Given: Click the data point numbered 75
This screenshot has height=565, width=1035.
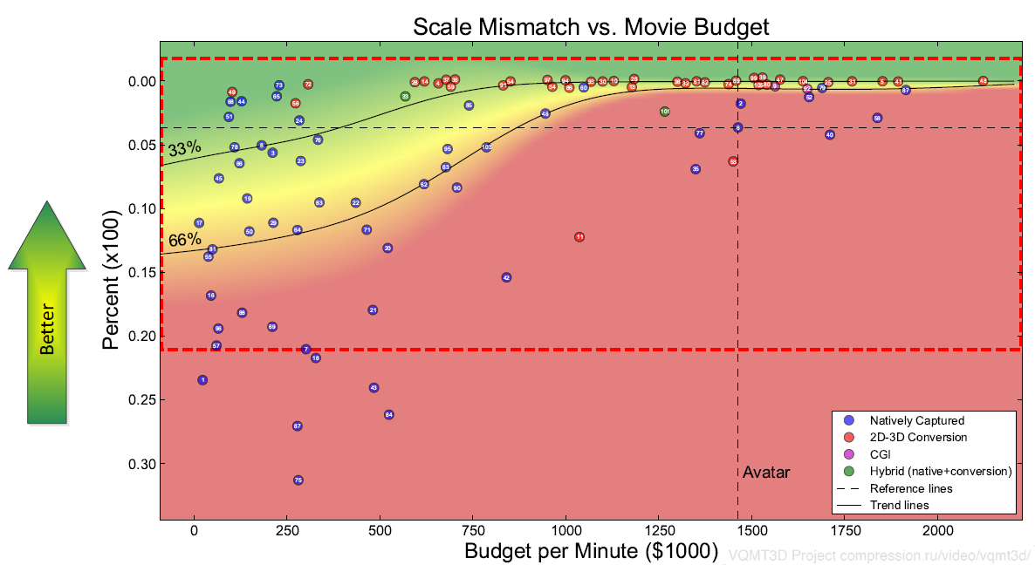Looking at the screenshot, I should coord(298,480).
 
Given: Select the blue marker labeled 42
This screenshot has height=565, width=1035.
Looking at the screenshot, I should coord(506,277).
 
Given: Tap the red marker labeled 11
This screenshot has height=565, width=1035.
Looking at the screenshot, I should coord(579,237).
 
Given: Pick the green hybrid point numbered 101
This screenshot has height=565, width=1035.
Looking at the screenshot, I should coord(665,112).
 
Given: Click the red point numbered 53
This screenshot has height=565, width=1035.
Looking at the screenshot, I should coord(733,161).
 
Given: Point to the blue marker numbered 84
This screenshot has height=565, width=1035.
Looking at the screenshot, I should coord(389,415).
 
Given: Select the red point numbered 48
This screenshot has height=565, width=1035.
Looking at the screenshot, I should coord(984,81).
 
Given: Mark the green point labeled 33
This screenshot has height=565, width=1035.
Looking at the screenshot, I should coord(405,97).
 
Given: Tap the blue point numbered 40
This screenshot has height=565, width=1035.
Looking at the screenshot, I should coord(830,135).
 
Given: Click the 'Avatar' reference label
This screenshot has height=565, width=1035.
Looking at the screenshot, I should coord(766,473).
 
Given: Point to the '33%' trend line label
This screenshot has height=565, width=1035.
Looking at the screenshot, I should coord(184,148).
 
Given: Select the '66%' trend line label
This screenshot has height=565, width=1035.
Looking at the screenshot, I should coord(184,240).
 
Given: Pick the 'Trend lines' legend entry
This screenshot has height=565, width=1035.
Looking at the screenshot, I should coord(899,505).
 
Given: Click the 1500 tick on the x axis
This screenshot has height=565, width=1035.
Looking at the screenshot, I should coord(752,531).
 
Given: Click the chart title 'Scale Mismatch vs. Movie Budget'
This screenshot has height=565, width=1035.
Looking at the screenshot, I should coord(591,27).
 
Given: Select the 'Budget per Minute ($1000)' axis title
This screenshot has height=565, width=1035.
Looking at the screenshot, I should coord(591,551).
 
